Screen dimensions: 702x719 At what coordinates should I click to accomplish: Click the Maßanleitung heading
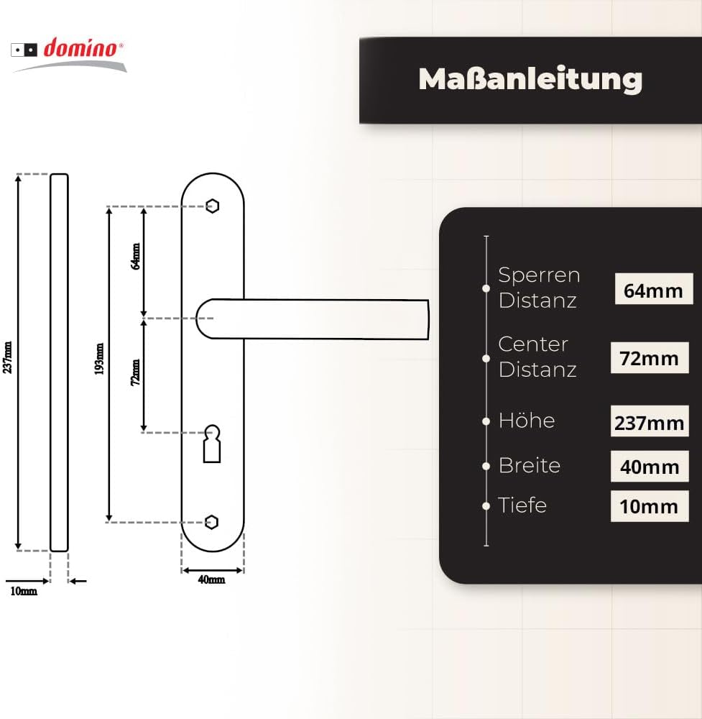point(530,80)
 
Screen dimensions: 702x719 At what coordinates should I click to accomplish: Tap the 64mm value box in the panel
point(653,289)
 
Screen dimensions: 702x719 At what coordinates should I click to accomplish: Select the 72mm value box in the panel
point(650,357)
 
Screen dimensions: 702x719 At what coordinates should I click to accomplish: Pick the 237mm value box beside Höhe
point(650,421)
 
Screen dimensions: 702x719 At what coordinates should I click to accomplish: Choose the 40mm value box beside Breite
point(650,467)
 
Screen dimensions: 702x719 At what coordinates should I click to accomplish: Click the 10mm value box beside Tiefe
point(650,506)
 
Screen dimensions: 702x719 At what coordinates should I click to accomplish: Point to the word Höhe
point(527,420)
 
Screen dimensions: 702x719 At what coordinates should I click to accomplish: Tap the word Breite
point(530,465)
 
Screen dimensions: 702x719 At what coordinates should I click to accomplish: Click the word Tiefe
point(522,505)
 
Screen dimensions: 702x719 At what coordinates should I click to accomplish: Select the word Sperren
point(540,275)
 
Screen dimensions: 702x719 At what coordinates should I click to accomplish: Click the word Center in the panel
point(533,344)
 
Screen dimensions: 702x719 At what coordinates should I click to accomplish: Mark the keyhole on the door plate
point(212,444)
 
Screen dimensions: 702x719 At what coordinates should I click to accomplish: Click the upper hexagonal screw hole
point(212,206)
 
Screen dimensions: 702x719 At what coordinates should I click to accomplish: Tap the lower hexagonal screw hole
point(211,522)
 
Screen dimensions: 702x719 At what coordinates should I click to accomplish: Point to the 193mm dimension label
point(99,359)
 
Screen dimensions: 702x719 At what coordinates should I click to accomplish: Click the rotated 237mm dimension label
point(7,357)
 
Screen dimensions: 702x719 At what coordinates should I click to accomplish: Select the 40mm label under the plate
point(211,580)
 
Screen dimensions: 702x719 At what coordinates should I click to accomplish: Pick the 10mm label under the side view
point(24,591)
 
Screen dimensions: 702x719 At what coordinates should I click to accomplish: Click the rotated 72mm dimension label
point(136,372)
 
